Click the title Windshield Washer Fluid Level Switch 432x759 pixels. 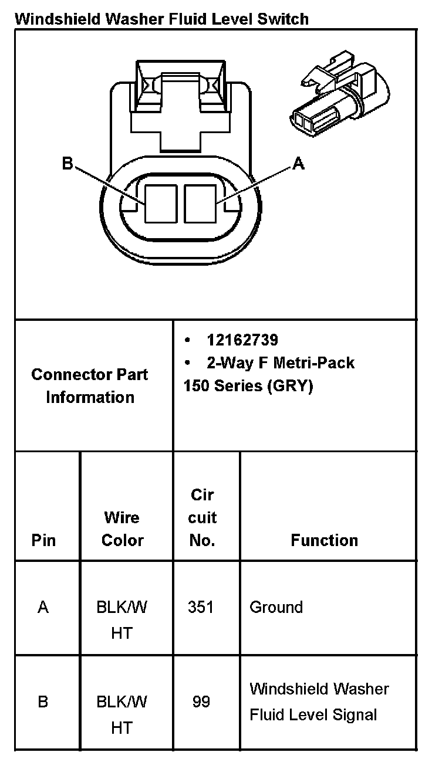point(161,19)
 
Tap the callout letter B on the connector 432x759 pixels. point(67,164)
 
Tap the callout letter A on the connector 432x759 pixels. point(298,164)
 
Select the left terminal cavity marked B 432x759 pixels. point(161,204)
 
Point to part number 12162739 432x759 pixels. point(242,340)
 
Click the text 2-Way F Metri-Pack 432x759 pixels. point(281,363)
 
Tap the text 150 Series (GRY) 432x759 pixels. point(248,387)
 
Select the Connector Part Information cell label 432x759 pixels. point(90,386)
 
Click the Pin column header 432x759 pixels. point(43,540)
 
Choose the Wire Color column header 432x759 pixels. point(122,528)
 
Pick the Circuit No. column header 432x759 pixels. point(203,517)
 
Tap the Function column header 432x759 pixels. point(325,540)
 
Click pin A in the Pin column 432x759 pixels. point(43,608)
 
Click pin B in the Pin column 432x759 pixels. point(43,702)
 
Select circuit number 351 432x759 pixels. point(201,608)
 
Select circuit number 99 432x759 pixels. point(201,702)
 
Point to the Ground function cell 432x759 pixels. point(276,607)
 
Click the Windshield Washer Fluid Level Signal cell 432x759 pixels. point(319,702)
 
